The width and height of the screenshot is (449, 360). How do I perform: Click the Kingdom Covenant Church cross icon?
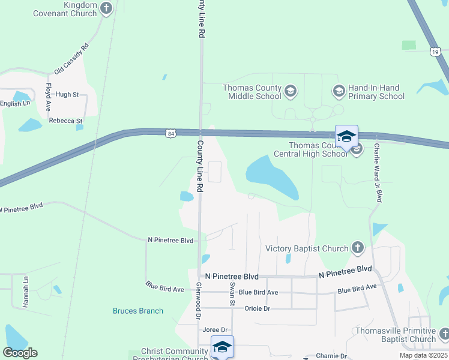[x=107, y=8]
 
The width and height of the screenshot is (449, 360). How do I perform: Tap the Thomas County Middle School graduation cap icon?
[x=291, y=91]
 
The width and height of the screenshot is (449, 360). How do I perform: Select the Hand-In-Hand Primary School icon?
[x=339, y=91]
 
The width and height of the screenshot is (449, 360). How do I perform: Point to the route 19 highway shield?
[x=434, y=52]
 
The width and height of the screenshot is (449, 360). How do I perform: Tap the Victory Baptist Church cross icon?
[x=357, y=247]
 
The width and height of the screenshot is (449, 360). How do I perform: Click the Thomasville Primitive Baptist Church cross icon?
[x=444, y=334]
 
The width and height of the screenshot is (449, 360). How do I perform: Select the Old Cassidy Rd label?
[x=71, y=59]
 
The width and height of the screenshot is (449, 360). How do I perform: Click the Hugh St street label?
[x=67, y=95]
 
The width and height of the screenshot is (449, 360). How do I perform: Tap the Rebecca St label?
[x=65, y=121]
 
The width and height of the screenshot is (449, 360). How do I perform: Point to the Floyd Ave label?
[x=49, y=96]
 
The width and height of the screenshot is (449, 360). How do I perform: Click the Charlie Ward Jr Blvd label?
[x=378, y=172]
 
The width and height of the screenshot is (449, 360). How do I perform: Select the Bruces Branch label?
[x=138, y=311]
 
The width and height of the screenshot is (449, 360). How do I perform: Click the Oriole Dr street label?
[x=258, y=308]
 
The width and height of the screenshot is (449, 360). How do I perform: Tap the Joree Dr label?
[x=215, y=330]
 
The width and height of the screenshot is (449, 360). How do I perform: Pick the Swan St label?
[x=232, y=293]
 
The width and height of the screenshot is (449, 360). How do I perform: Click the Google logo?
[x=20, y=353]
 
